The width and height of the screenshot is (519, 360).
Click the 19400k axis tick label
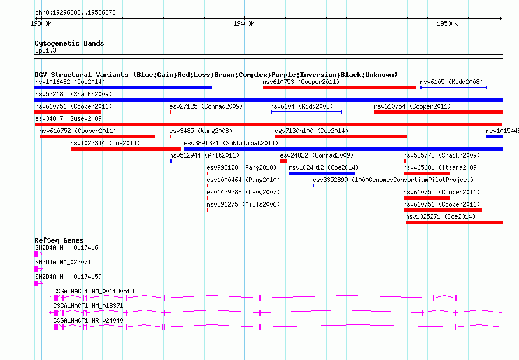[244, 23]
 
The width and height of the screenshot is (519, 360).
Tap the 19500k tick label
[447, 23]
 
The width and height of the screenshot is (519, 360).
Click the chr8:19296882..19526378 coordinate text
[75, 13]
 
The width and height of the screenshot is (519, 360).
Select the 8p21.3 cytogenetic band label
[45, 50]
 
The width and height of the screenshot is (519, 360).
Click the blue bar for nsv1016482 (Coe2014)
[123, 88]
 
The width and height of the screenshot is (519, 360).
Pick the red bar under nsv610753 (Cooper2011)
[339, 88]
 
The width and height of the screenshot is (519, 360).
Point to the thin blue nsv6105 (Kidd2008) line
[454, 88]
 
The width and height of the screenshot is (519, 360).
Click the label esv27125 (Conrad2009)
[206, 106]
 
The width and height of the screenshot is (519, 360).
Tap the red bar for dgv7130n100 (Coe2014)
[341, 137]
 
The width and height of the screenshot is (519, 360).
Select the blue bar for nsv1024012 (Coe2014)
[322, 173]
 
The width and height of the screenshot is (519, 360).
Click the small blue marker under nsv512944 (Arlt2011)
[171, 161]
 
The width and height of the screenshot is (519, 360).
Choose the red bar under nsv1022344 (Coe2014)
[125, 149]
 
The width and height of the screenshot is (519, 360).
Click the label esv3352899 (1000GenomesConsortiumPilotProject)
[393, 180]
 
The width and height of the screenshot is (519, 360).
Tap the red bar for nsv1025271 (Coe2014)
[454, 222]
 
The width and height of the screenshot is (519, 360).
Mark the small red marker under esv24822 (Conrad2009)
[283, 161]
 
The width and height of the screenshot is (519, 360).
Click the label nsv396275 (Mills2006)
[243, 204]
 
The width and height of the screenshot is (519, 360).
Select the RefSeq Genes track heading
[59, 240]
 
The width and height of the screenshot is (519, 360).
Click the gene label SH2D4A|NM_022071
[63, 262]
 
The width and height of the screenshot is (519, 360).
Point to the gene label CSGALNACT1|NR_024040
[88, 320]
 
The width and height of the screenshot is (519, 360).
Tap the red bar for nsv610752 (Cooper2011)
[97, 137]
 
